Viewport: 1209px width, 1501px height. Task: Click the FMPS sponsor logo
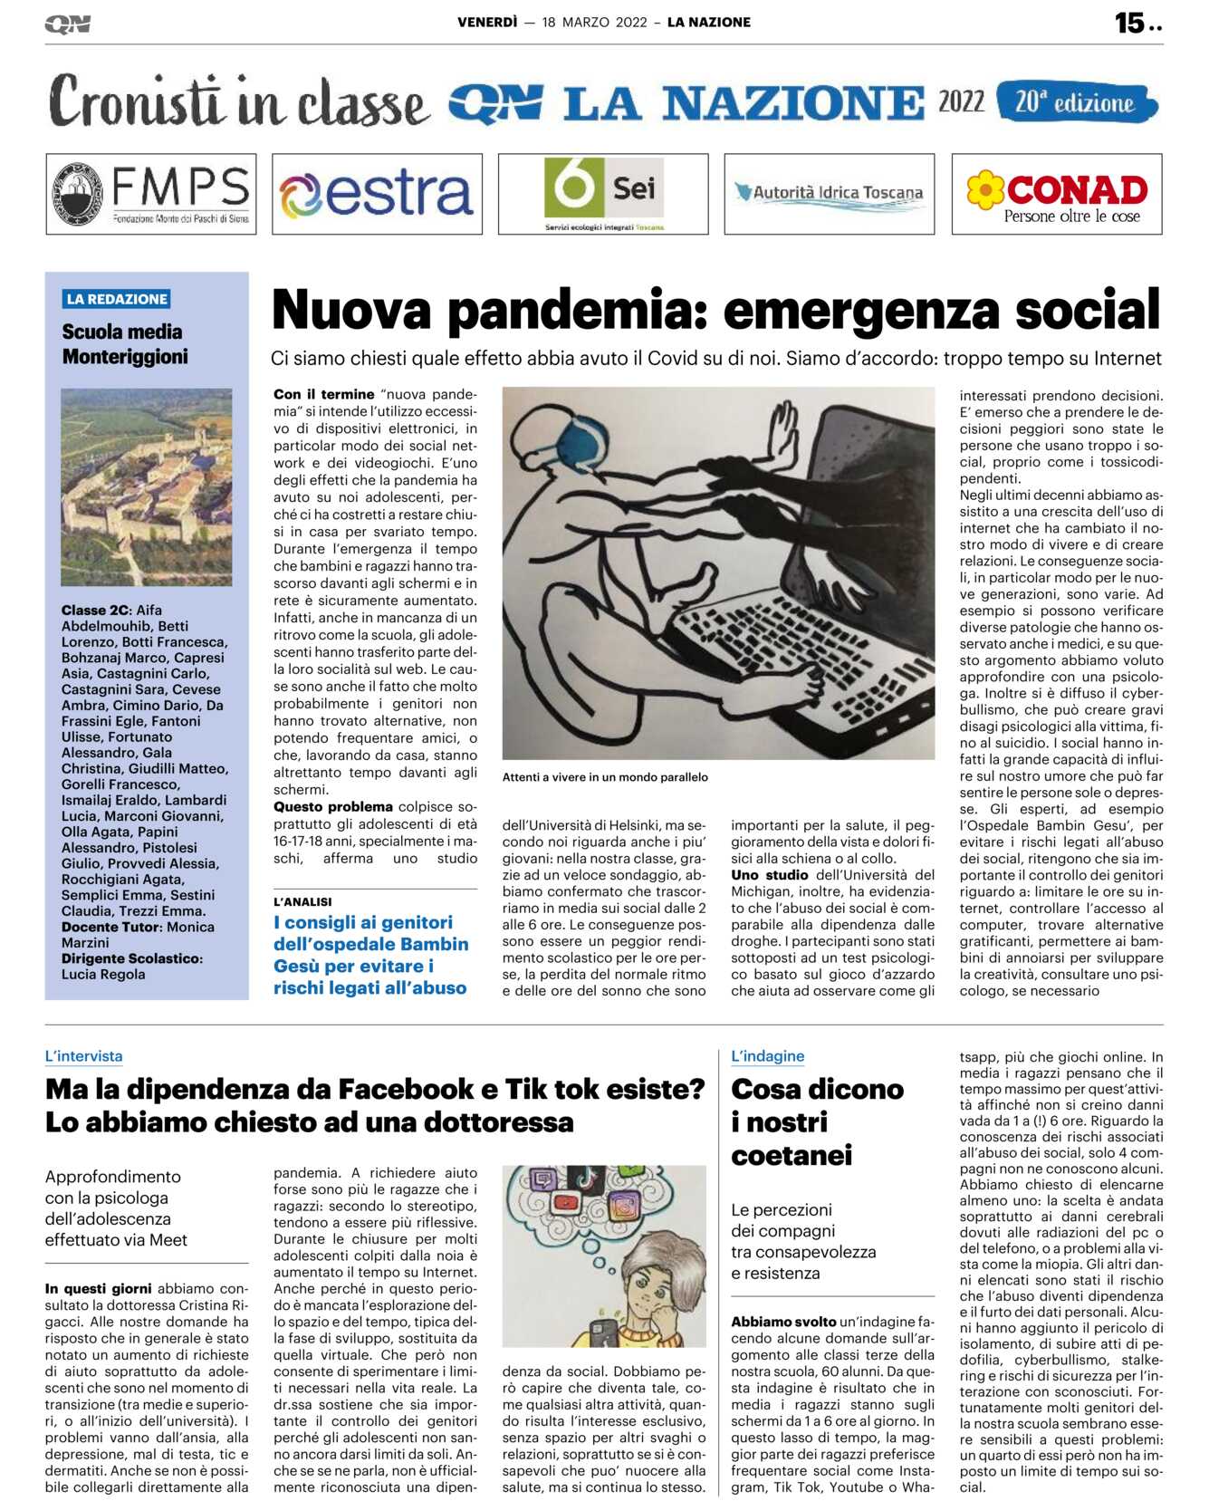coord(151,194)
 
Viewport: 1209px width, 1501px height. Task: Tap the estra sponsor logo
coord(377,194)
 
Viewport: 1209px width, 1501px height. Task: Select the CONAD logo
coord(1057,194)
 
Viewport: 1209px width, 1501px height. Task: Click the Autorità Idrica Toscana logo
coord(830,193)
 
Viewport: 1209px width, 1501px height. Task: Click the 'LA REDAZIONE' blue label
coord(117,299)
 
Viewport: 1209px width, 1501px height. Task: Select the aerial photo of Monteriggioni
coord(147,486)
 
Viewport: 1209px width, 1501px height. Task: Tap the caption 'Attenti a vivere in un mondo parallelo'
coord(605,777)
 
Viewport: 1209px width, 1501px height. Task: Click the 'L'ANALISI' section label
coord(302,901)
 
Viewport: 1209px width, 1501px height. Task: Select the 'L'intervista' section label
coord(84,1056)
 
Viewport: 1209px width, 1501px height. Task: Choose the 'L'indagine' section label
coord(767,1056)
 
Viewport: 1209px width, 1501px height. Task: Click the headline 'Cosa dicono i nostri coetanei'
coord(817,1121)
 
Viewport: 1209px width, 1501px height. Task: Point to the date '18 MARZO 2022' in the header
coord(594,23)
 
